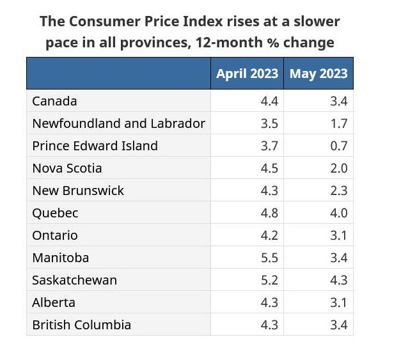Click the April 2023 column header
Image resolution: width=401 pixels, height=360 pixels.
coord(247,74)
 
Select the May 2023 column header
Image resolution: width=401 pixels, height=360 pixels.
coord(318,74)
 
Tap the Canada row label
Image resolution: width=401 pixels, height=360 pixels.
coord(54,101)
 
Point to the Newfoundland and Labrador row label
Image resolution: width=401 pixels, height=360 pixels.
coord(118,123)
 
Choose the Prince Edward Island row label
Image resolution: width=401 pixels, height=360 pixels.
coord(95,146)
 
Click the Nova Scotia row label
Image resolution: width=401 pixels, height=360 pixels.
coord(67,168)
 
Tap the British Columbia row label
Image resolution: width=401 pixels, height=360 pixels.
coord(81,325)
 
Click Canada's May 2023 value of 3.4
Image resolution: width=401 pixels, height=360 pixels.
coord(338,101)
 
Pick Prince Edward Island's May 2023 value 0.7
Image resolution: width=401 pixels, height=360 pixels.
coord(338,146)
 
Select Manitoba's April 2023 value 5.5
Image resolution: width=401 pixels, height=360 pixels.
coord(269,258)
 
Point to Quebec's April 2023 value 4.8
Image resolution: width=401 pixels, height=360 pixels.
coord(269,213)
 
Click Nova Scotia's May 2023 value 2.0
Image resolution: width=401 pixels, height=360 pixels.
coord(338,168)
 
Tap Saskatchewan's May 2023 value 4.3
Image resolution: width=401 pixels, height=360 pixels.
coord(338,280)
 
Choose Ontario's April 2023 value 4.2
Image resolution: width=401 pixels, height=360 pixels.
coord(269,235)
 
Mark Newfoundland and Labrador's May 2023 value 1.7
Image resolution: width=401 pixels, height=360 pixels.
coord(338,123)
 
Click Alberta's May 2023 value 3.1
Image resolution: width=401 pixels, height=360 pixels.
coord(338,302)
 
